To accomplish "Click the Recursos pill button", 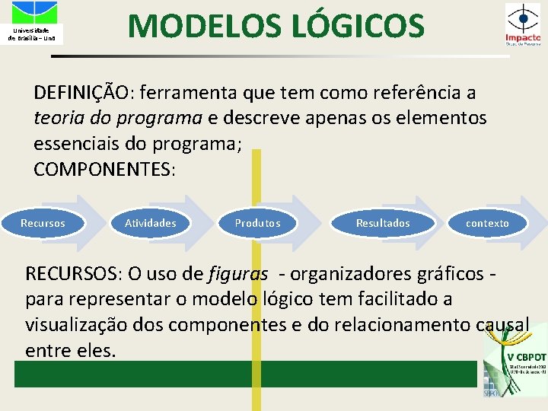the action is point(43,223).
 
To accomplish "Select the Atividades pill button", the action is point(151,223).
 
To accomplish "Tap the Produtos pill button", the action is point(257,223).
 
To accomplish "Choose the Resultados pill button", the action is point(383,223).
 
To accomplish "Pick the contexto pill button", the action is point(487,223).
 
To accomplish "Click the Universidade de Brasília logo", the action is point(31,23).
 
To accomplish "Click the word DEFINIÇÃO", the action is point(82,94).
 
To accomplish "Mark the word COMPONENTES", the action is point(104,169).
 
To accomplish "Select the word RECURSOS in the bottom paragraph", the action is point(73,273).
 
